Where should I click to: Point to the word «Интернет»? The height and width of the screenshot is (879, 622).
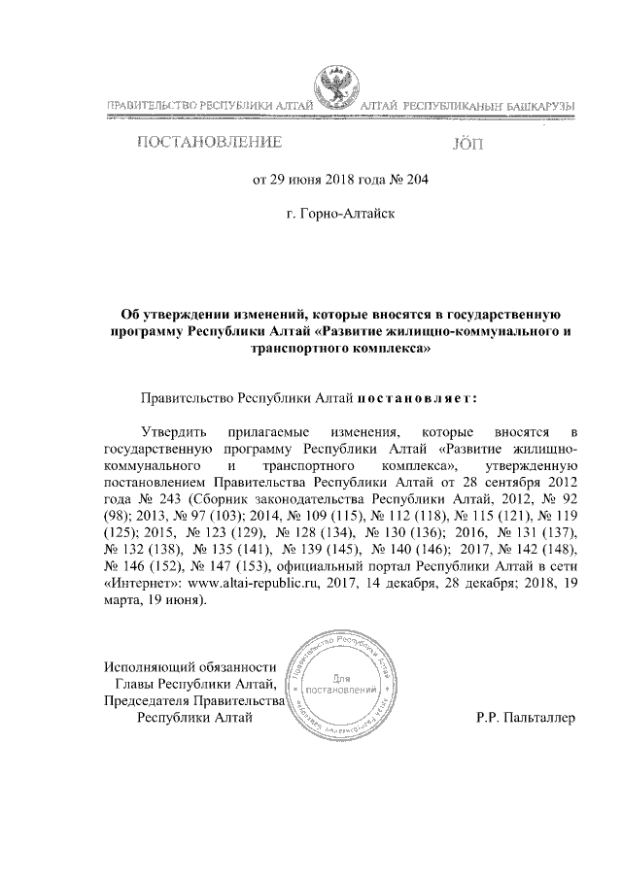point(137,584)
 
